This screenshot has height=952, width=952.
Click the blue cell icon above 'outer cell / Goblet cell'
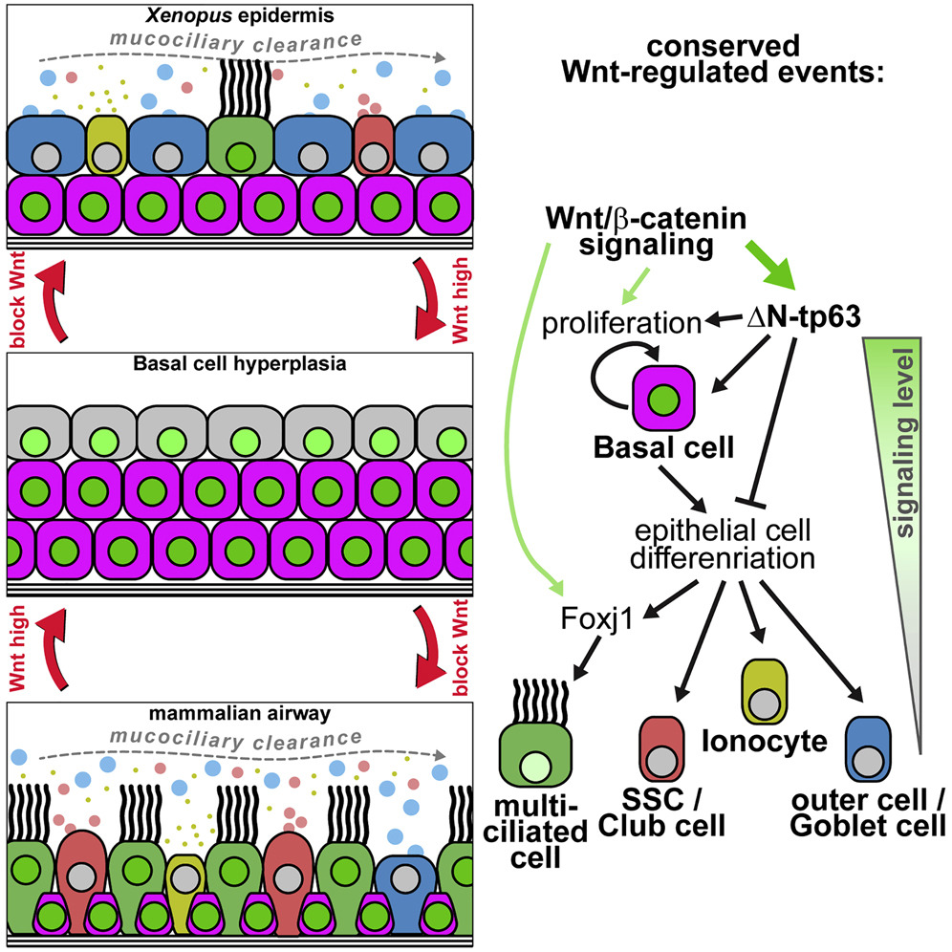868,752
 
